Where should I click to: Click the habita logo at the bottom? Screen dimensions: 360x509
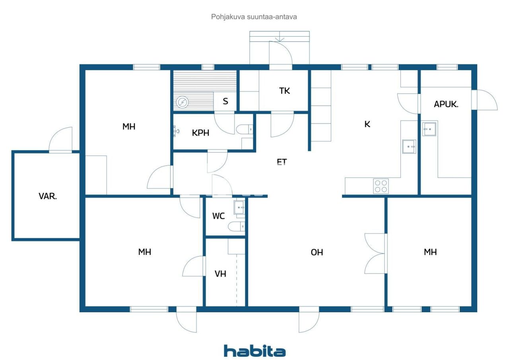coord(254,350)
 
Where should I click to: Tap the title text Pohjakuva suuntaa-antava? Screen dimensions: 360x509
coord(254,17)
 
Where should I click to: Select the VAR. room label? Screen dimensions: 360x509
coord(48,196)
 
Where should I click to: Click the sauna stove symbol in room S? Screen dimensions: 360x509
coord(183,103)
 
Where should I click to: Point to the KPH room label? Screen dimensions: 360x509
coord(201,133)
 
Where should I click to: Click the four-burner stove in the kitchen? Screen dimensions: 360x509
coord(381,186)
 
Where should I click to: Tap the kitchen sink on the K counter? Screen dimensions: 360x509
coord(409,146)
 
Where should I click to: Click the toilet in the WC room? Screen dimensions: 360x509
coord(235,227)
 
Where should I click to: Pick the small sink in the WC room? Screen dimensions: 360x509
coord(239,207)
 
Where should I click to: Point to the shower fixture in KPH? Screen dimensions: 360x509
coord(177,131)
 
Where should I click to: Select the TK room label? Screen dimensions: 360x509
coord(284,91)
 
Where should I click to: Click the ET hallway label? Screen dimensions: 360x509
coord(282,162)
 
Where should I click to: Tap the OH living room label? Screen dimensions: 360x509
coord(317,252)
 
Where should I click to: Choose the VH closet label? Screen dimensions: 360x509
coord(220,274)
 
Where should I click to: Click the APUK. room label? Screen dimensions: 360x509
coord(446,105)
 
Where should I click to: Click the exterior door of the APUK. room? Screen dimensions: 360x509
coord(485,100)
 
